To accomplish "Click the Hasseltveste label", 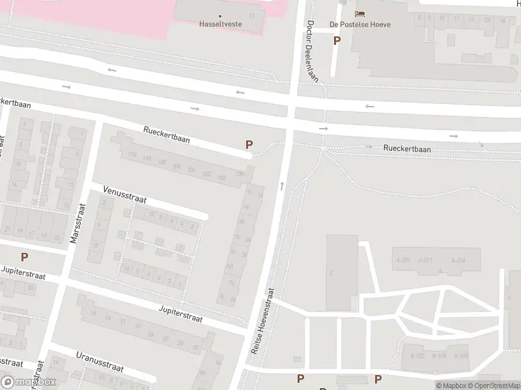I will point(219,24).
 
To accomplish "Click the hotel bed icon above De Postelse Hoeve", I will point(359,14).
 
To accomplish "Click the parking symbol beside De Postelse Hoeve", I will point(337,40).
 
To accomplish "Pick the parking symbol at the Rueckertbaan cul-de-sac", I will point(249,145).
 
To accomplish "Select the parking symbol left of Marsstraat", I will point(25,257).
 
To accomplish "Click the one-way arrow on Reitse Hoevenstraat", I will point(281,186).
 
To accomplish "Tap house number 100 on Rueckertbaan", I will point(221,178).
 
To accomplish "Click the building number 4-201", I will point(404,260).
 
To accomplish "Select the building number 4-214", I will point(458,260).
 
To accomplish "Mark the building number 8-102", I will point(418,356).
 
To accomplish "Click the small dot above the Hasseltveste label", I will point(219,16).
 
